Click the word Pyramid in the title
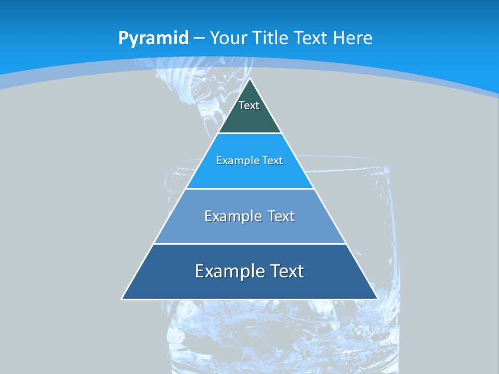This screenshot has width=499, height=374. tap(153, 38)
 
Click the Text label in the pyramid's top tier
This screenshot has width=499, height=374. tap(249, 105)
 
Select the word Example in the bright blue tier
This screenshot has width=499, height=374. tap(236, 161)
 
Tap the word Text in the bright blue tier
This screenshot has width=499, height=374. tap(272, 161)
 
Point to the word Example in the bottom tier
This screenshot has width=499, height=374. tap(229, 271)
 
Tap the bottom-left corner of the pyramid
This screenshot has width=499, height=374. tap(122, 299)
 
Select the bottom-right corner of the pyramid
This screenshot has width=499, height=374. tap(377, 299)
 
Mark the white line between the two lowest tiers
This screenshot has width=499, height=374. tap(249, 244)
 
